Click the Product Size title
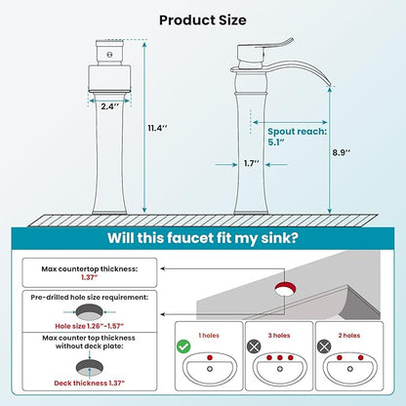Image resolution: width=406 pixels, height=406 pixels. point(202,20)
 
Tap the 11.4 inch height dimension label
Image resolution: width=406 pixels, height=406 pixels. point(158,128)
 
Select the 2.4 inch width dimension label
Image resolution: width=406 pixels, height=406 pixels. point(109,106)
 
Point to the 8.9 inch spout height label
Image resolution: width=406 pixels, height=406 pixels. point(342,152)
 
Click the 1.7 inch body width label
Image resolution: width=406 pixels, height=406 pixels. point(252,163)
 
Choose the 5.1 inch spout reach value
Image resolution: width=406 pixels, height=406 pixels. point(276,142)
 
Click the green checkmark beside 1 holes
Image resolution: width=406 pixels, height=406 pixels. point(183,346)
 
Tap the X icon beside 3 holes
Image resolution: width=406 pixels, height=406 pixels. point(254,346)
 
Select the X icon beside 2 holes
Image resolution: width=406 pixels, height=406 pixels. point(324,346)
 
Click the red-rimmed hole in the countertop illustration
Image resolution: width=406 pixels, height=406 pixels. point(285,288)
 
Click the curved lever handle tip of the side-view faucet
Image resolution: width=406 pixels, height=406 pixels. point(290,41)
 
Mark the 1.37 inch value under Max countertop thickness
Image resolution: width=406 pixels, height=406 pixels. point(90,277)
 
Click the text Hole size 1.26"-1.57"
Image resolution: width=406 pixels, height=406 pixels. point(90,326)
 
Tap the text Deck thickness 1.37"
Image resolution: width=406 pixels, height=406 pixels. point(90,383)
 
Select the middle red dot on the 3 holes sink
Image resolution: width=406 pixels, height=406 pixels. point(280,358)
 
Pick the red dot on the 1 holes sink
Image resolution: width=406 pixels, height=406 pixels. point(210,357)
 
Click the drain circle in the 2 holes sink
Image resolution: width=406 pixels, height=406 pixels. point(350,369)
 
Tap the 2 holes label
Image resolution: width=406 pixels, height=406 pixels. point(349,336)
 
